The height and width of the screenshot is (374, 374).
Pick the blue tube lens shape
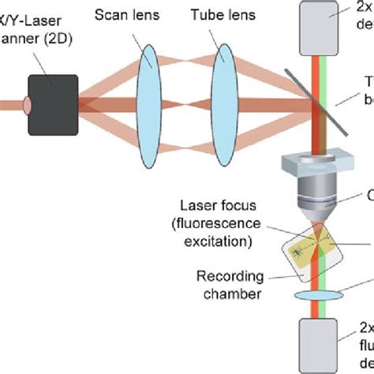pos(225,93)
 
